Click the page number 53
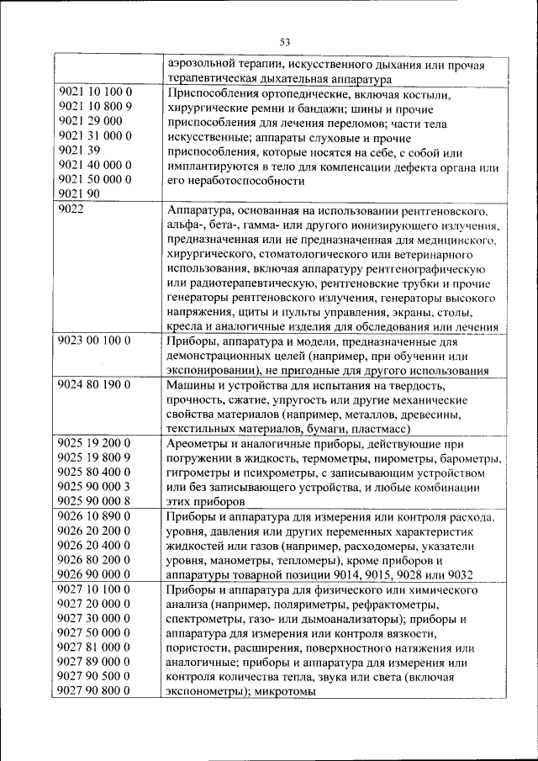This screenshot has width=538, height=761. coord(285,41)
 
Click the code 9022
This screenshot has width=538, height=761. coord(72,209)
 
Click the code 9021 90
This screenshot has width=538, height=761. coord(80,194)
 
